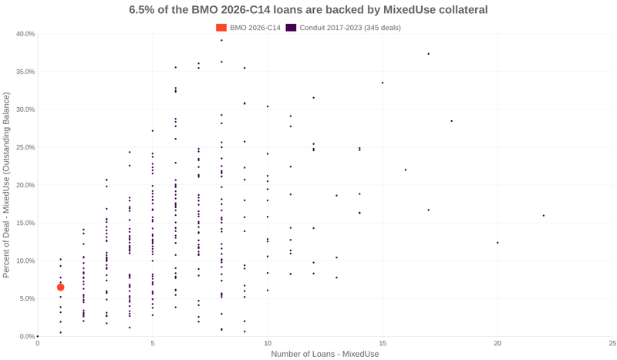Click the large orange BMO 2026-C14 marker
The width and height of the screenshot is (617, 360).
click(60, 288)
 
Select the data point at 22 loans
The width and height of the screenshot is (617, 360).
click(544, 216)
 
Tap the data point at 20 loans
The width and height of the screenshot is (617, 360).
click(497, 243)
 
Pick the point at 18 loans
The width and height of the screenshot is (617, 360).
click(452, 121)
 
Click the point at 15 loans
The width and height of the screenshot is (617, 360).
click(383, 83)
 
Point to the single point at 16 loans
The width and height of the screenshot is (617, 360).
click(406, 170)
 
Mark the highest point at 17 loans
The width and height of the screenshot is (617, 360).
click(429, 54)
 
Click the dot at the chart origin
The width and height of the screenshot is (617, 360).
click(38, 336)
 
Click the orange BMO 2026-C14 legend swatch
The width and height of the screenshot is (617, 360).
click(221, 28)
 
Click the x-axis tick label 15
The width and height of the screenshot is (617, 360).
click(383, 343)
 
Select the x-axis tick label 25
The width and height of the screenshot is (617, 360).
click(612, 343)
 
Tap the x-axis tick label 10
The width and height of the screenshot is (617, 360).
click(268, 343)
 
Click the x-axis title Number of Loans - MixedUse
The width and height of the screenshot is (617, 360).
click(325, 354)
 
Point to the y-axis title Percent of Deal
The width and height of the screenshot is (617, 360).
click(7, 185)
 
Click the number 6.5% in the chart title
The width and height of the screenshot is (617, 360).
click(144, 10)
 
